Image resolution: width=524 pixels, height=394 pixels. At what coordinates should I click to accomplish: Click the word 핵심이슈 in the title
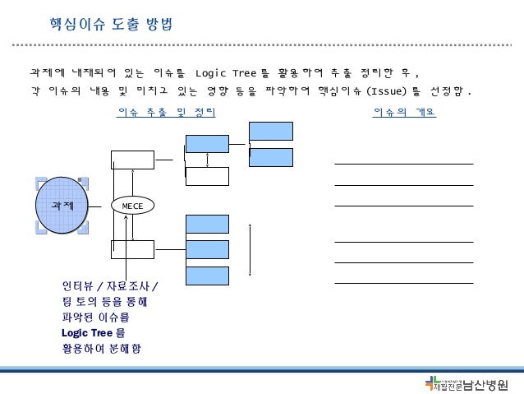click(71, 20)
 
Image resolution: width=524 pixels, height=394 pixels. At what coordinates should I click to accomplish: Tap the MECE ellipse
click(132, 204)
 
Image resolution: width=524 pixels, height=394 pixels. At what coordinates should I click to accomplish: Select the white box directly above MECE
click(132, 160)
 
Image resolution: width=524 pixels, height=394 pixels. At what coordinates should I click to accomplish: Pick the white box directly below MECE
click(132, 249)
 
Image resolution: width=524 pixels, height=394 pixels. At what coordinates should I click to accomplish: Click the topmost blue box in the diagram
click(270, 131)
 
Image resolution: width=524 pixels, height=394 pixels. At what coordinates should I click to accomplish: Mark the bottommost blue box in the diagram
click(207, 276)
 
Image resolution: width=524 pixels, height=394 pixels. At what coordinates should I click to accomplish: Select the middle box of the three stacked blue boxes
click(207, 249)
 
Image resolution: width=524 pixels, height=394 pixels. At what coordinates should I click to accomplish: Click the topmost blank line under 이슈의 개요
click(404, 165)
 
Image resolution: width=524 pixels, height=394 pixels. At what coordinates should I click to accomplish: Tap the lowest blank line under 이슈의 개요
click(404, 283)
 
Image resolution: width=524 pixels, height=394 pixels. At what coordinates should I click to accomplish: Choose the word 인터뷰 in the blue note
click(76, 286)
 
